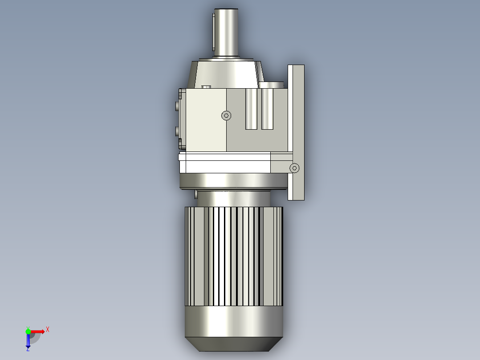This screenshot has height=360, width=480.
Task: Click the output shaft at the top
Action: click(228, 31)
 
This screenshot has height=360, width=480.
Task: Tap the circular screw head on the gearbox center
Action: click(227, 115)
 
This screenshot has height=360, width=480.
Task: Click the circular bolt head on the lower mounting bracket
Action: click(294, 168)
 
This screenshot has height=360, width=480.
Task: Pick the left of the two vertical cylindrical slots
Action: click(252, 109)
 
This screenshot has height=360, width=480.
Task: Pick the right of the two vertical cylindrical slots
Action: click(267, 109)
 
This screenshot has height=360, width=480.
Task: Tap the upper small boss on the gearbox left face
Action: click(178, 106)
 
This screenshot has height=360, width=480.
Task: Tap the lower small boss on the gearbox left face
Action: click(178, 131)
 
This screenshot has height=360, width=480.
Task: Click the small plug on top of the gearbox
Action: click(206, 87)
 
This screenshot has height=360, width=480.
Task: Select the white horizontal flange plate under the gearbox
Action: click(225, 163)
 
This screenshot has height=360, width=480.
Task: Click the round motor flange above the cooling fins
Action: click(233, 181)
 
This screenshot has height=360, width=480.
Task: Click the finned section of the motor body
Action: click(234, 256)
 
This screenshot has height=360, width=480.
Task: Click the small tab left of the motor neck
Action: click(195, 194)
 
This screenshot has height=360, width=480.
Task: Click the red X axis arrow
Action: click(38, 331)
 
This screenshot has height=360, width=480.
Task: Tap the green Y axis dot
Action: click(28, 331)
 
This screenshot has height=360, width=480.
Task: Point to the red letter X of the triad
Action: click(48, 330)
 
